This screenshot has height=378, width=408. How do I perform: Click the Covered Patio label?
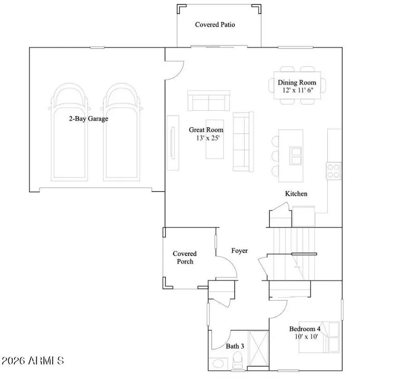(215, 25)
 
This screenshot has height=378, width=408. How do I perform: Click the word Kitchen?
(296, 194)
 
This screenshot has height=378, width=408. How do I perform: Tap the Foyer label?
(239, 250)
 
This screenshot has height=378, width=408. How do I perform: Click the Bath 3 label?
(235, 346)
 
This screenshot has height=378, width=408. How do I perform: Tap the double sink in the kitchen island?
(296, 156)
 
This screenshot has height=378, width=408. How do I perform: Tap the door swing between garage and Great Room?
(175, 71)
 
